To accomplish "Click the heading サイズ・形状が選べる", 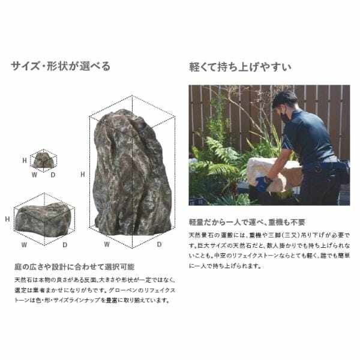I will coord(61,66).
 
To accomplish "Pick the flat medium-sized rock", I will coord(42,217).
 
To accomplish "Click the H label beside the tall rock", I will coord(82,175).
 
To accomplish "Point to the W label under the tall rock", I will coord(106,245).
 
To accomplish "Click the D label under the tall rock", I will coord(160,245).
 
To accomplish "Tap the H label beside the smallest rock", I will coord(25,161).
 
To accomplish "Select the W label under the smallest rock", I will coord(33,175).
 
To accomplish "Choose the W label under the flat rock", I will coord(24,245).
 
